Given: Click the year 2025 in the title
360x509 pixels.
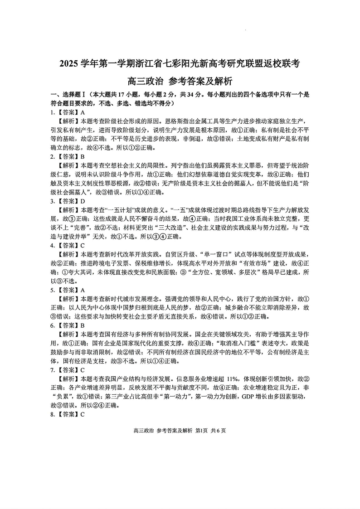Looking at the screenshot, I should pyautogui.click(x=69, y=63).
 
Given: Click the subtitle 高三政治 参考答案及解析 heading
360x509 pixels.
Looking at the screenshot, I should pyautogui.click(x=180, y=82).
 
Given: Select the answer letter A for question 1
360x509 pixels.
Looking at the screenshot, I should pyautogui.click(x=83, y=112).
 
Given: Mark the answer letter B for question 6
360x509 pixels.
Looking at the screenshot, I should pyautogui.click(x=83, y=325).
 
